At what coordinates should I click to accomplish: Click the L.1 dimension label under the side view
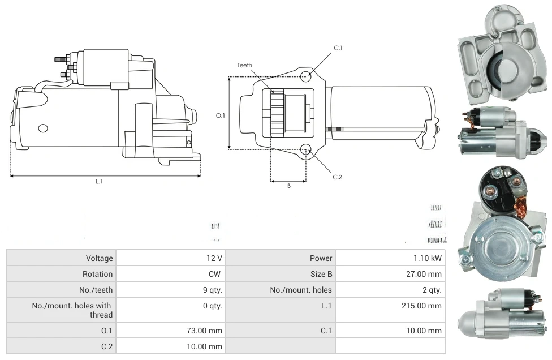(x=99, y=182)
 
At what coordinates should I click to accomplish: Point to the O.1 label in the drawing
(x=221, y=115)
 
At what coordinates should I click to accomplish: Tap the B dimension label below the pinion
(x=288, y=186)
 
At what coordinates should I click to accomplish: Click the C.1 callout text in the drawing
(x=338, y=48)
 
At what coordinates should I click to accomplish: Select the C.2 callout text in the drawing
(x=338, y=177)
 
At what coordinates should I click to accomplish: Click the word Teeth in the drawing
(x=245, y=66)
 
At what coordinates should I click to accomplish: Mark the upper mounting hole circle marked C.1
(x=306, y=76)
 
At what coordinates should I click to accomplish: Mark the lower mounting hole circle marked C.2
(x=306, y=149)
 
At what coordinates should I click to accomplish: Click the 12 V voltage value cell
(x=214, y=258)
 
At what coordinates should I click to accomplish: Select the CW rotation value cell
(x=215, y=274)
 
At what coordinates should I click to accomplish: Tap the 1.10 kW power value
(x=428, y=258)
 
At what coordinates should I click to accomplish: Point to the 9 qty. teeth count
(x=209, y=290)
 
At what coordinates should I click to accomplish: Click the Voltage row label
(x=100, y=258)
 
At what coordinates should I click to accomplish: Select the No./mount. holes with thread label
(x=72, y=310)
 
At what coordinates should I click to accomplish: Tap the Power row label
(x=321, y=258)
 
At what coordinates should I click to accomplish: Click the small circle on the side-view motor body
(x=43, y=127)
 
